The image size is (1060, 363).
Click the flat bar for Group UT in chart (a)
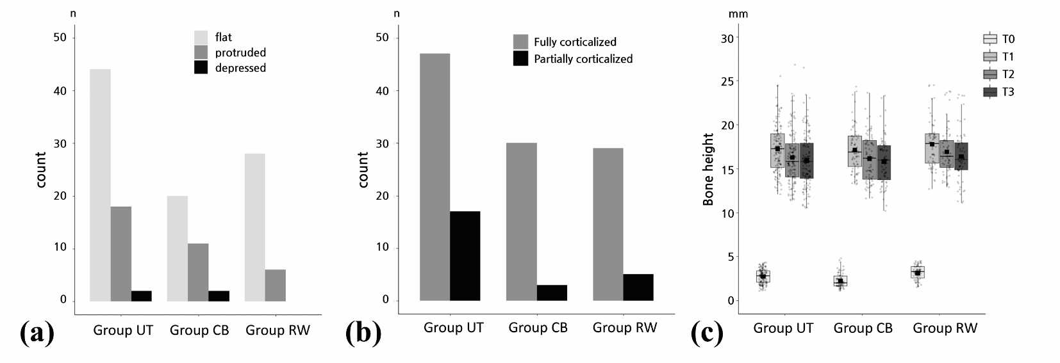(100, 185)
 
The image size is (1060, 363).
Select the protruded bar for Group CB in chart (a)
(198, 272)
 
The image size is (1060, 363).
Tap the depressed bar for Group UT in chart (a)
(142, 296)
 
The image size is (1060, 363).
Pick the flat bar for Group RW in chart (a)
(254, 227)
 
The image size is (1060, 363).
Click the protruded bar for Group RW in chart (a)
(275, 285)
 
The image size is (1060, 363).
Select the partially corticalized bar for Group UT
(465, 255)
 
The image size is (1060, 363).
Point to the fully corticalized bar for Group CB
(521, 222)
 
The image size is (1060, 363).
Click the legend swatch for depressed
(201, 68)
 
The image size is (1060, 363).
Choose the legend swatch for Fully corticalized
(520, 42)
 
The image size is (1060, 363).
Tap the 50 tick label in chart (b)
(382, 38)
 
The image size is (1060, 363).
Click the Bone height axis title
(708, 169)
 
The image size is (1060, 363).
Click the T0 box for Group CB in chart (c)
(840, 280)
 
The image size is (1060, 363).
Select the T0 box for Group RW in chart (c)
(918, 272)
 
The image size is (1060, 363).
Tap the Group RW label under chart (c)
(945, 328)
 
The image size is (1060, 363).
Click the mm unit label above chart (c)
(738, 13)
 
